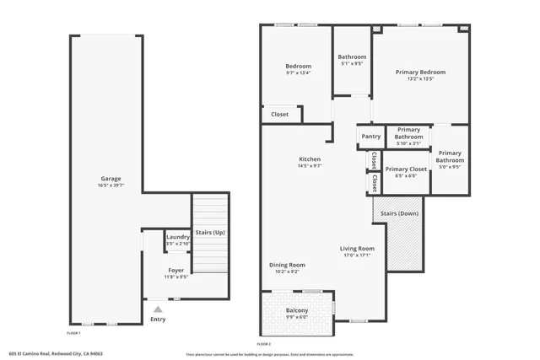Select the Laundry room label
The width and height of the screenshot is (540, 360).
[x=177, y=238]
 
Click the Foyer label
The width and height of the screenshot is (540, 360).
[x=175, y=270]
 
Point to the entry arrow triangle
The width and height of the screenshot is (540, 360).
[x=157, y=309]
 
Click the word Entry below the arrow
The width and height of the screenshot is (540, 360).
[x=158, y=320]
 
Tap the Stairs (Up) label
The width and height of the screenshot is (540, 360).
[x=209, y=232]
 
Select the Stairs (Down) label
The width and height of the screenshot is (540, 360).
[x=397, y=213]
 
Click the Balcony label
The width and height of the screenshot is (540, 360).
[x=297, y=311]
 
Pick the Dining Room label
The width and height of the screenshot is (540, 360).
[x=287, y=265]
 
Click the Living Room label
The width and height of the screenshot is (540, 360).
[x=358, y=249]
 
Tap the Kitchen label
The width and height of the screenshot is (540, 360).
[x=310, y=159]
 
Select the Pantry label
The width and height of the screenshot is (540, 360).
[x=370, y=137]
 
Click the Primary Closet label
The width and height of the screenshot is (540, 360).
[x=406, y=169]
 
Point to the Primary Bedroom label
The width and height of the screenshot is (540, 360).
[x=420, y=73]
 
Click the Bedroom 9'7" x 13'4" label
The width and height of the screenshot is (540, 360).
[x=298, y=67]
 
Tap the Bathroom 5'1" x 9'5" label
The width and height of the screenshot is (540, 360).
[x=352, y=57]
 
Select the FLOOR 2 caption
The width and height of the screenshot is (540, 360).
[x=263, y=344]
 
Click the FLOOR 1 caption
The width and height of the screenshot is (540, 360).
[x=73, y=334]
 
